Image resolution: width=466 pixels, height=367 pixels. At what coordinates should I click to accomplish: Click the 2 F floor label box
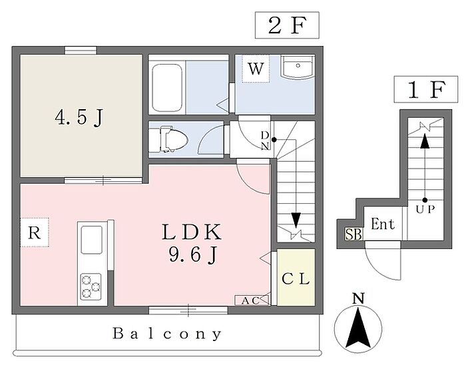tap(287, 25)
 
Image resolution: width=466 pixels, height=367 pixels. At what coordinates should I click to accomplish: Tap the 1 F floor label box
tap(426, 89)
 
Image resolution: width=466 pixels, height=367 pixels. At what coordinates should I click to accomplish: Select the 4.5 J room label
tap(79, 118)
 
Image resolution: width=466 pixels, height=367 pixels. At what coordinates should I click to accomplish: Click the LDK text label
tap(192, 232)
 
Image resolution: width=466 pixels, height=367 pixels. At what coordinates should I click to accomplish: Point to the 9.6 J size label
tap(192, 255)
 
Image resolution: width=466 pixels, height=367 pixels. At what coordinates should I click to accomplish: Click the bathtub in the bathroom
tap(166, 88)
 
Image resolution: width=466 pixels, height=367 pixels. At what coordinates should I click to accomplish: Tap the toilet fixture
tap(174, 139)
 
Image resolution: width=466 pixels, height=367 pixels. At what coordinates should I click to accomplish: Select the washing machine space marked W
tap(256, 69)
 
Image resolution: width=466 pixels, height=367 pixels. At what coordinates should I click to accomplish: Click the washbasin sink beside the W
tap(298, 67)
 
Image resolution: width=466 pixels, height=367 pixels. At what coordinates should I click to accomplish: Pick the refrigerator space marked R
tap(34, 232)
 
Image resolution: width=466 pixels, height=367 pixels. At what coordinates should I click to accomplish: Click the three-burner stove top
tap(91, 286)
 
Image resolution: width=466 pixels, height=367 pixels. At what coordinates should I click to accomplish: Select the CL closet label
tap(296, 279)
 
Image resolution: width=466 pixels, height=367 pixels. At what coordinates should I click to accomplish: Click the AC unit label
tap(250, 300)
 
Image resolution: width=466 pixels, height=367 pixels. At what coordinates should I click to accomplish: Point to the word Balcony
tap(167, 334)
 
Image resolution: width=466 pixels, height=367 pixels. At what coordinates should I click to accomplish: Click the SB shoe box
tap(353, 234)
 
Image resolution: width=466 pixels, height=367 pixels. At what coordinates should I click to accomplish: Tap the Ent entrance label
tap(383, 224)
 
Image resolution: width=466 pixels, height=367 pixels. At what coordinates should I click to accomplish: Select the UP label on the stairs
tap(425, 209)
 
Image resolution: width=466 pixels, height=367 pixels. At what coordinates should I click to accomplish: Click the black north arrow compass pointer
tap(359, 328)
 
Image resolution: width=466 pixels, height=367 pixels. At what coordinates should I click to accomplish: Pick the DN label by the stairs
tap(265, 141)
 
